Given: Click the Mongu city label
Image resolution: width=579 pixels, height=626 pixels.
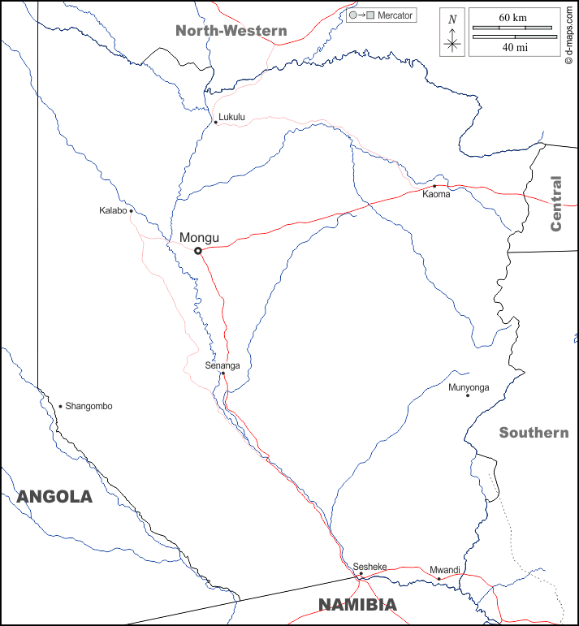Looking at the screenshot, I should (x=199, y=237).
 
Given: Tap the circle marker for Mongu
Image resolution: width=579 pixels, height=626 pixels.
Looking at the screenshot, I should (x=198, y=251).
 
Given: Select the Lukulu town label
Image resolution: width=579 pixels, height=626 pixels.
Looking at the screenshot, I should (x=231, y=117).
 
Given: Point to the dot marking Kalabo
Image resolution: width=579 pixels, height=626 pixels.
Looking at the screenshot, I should (x=132, y=211).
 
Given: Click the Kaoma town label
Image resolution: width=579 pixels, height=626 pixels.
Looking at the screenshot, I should (x=436, y=194).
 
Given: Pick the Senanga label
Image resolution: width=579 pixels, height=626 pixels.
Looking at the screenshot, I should (x=222, y=365).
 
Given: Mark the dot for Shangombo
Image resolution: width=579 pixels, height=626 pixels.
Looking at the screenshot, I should (x=60, y=406).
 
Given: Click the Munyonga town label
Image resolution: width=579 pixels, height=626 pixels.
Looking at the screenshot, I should (x=469, y=387).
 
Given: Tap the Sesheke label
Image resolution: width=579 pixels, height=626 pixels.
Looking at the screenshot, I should (x=369, y=566).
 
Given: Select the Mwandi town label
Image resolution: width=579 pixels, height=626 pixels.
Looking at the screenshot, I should (x=445, y=569).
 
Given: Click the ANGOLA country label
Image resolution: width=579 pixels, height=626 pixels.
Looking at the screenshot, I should (x=54, y=497).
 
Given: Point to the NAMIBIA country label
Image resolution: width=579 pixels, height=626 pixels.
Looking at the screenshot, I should (x=357, y=605).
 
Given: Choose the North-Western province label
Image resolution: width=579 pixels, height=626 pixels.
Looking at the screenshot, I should (x=231, y=31).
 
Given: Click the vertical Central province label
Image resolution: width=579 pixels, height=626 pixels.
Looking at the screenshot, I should (x=555, y=204).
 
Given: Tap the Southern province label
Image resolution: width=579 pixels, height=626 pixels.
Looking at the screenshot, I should (x=534, y=433).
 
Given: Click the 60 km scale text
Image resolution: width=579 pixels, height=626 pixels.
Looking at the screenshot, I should (x=513, y=17).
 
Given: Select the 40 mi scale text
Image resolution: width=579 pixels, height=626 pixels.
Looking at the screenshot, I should (x=513, y=48).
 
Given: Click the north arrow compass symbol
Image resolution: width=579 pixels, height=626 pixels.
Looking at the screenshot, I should (x=453, y=41).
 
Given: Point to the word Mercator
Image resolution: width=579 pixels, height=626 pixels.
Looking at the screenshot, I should (x=395, y=15).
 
